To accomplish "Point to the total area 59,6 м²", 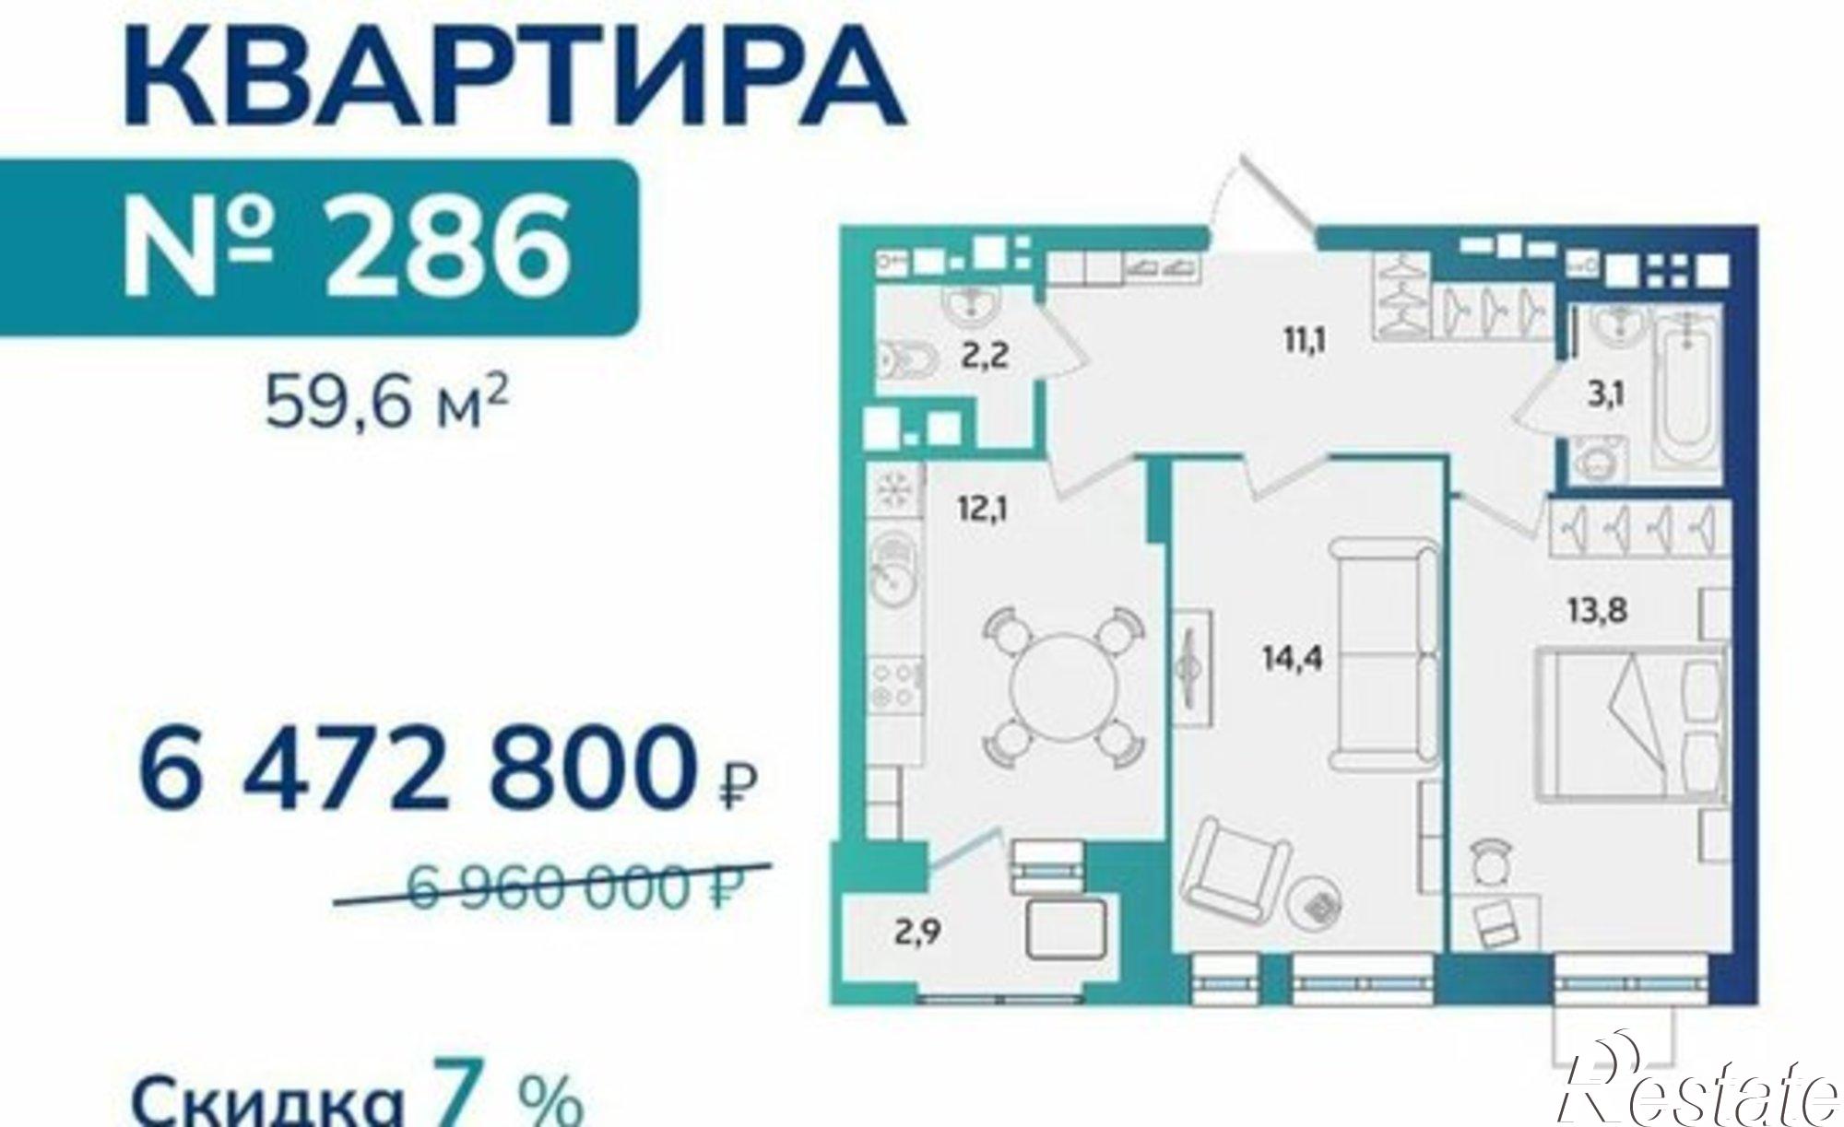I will (x=387, y=404).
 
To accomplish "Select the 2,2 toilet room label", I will (x=981, y=356).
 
